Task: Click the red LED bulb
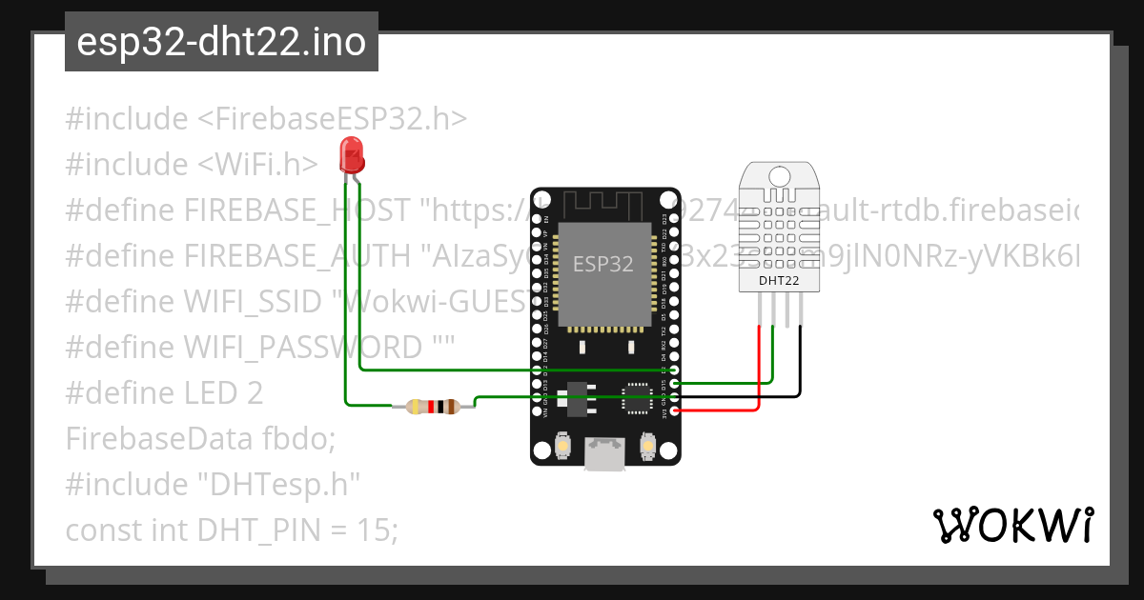(x=351, y=152)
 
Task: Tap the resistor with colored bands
(x=434, y=408)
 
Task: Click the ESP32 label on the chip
(x=603, y=264)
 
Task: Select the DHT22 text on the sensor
(x=779, y=281)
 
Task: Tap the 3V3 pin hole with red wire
(x=675, y=410)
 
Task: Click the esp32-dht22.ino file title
(x=221, y=43)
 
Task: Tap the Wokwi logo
(x=1012, y=525)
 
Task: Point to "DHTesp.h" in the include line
(x=278, y=484)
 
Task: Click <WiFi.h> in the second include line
(x=258, y=165)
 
